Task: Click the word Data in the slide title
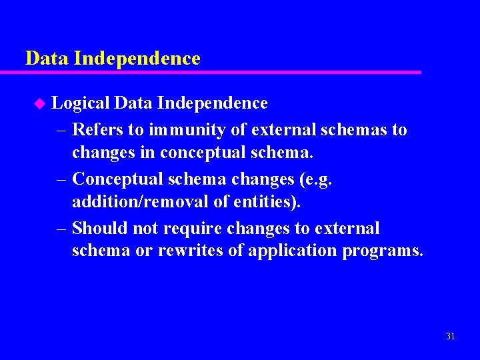click(47, 59)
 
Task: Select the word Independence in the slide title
click(137, 59)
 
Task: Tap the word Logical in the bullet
click(80, 103)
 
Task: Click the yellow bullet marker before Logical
click(39, 103)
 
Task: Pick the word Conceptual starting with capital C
click(117, 179)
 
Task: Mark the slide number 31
click(450, 336)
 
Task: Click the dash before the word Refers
click(61, 129)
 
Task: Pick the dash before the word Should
click(61, 229)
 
